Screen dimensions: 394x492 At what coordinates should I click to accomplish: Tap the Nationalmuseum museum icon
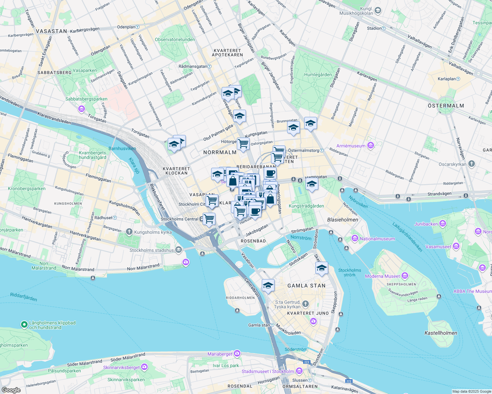(355, 238)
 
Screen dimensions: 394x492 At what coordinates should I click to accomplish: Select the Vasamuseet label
(438, 247)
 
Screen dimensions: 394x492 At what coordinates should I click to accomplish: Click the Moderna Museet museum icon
(405, 276)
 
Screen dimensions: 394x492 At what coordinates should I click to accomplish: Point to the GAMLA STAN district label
(306, 286)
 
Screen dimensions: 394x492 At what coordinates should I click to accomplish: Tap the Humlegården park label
(318, 75)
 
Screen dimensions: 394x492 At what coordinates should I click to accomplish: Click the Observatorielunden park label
(175, 39)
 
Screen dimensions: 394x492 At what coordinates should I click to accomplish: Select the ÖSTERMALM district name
(446, 106)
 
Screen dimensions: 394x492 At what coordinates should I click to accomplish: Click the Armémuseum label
(351, 146)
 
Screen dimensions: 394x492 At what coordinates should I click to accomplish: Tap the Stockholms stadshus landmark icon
(179, 250)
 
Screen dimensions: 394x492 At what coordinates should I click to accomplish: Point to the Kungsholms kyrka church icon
(129, 232)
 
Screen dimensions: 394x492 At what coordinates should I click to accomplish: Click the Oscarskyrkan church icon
(472, 164)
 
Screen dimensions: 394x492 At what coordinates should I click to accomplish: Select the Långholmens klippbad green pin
(24, 325)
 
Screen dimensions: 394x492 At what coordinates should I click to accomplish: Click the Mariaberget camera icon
(237, 354)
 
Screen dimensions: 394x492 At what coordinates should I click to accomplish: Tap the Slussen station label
(300, 380)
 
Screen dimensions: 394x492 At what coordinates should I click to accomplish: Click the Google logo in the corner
(11, 390)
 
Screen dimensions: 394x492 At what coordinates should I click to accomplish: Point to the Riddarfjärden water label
(24, 297)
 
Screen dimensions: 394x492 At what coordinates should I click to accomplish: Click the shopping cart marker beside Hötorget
(243, 144)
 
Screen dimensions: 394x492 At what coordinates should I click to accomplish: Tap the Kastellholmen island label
(441, 333)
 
